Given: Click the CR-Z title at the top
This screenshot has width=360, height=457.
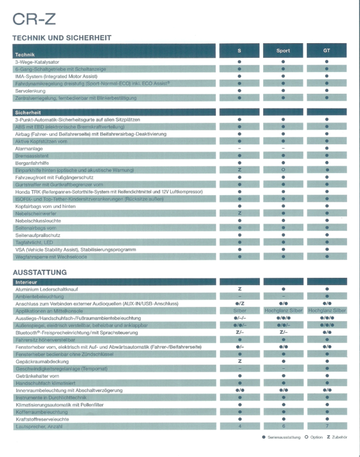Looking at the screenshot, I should click(34, 18).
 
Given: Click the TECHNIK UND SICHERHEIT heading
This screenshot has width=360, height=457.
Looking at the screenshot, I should click(62, 38).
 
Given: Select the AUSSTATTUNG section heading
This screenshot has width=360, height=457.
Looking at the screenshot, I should click(43, 272).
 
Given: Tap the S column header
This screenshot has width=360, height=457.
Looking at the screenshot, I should click(239, 51).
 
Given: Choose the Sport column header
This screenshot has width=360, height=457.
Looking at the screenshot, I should click(283, 51).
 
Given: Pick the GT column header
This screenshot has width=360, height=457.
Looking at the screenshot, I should click(326, 51).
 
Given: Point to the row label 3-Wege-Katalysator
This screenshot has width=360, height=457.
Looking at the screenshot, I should click(37, 62).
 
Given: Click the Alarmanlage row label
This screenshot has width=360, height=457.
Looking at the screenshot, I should click(29, 148).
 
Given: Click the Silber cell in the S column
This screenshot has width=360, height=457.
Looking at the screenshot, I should click(239, 311).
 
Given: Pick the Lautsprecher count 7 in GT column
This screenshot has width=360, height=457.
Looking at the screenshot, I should click(326, 427).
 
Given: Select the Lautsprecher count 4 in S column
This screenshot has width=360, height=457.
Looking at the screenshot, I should click(239, 427).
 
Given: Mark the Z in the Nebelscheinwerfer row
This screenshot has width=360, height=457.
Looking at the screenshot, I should click(239, 213).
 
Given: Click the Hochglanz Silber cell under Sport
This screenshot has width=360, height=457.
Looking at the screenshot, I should click(283, 311).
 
